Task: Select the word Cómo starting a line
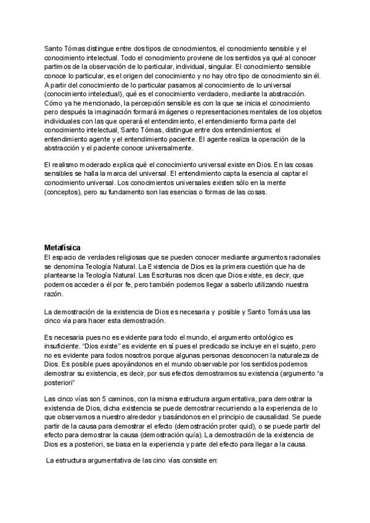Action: click(54, 104)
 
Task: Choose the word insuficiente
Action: click(64, 347)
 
